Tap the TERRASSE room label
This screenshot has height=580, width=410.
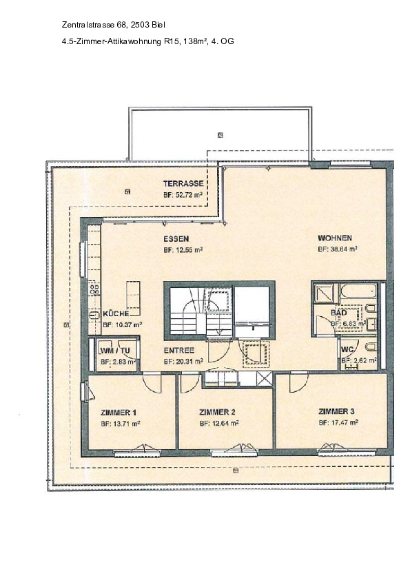click(183, 184)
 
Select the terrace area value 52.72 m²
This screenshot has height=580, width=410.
click(183, 195)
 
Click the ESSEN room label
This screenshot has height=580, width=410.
click(176, 239)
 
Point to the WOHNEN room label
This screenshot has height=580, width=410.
click(336, 239)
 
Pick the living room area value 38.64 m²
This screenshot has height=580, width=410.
click(337, 250)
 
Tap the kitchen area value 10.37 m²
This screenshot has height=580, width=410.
click(122, 324)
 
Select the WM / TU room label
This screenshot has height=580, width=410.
click(115, 350)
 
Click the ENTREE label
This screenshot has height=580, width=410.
click(178, 350)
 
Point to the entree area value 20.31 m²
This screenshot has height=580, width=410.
click(183, 361)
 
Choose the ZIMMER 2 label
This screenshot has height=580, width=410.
click(217, 412)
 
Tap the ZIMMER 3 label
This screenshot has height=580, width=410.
click(336, 412)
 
